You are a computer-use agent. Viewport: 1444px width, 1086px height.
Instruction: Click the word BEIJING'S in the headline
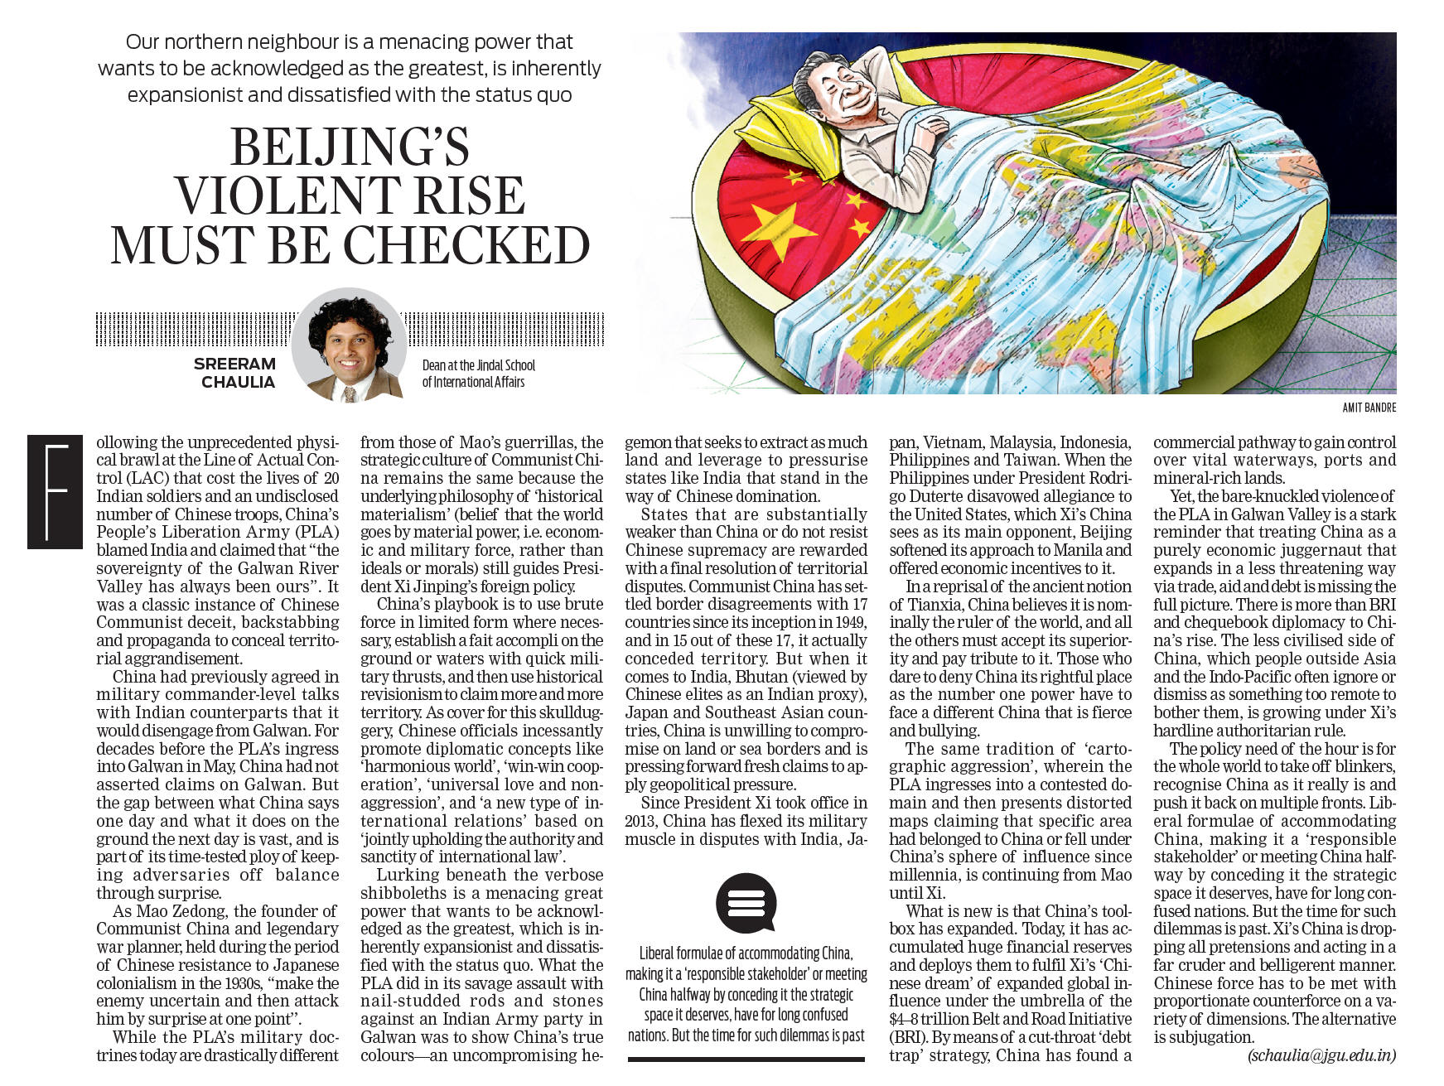[x=349, y=147]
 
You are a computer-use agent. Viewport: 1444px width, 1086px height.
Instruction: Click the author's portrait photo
[x=349, y=345]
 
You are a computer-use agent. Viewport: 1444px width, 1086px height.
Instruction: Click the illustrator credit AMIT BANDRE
[x=1369, y=408]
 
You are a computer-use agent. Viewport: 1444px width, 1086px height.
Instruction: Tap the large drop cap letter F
[x=55, y=491]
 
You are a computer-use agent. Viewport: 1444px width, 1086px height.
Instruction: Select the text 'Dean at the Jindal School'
[x=478, y=365]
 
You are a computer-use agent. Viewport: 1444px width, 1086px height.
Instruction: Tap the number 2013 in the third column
[x=643, y=821]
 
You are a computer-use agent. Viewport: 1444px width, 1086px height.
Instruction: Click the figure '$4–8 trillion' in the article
[x=928, y=1020]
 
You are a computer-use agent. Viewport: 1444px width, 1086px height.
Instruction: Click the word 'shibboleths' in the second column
[x=403, y=893]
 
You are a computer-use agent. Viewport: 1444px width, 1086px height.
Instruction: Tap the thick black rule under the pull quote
[x=746, y=1059]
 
